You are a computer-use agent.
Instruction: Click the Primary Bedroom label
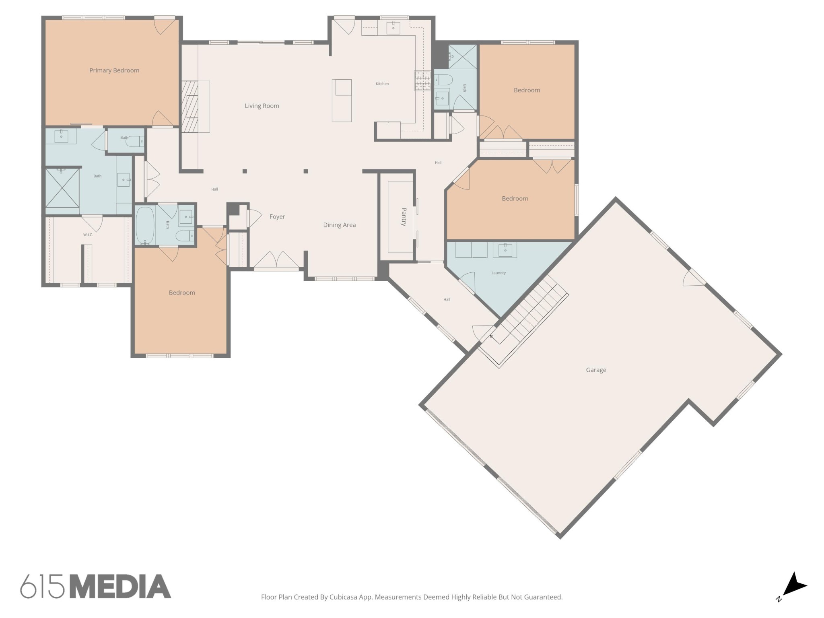(114, 70)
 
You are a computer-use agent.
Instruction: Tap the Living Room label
(262, 106)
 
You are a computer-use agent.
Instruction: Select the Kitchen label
(382, 84)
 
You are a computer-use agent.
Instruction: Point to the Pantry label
(404, 217)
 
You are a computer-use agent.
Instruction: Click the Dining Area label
(340, 225)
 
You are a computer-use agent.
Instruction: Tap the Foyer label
(277, 216)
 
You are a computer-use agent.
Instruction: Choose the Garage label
(596, 370)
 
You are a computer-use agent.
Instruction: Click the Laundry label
(499, 273)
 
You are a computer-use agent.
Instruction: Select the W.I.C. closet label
(88, 235)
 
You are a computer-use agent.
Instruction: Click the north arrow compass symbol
(793, 586)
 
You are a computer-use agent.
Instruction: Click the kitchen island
(342, 101)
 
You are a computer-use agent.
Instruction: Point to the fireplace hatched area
(190, 107)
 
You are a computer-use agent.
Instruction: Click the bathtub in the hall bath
(145, 225)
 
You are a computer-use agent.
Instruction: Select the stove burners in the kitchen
(422, 80)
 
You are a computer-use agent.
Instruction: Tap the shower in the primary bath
(62, 188)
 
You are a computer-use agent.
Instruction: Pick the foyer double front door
(276, 261)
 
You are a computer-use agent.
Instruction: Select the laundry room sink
(505, 249)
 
